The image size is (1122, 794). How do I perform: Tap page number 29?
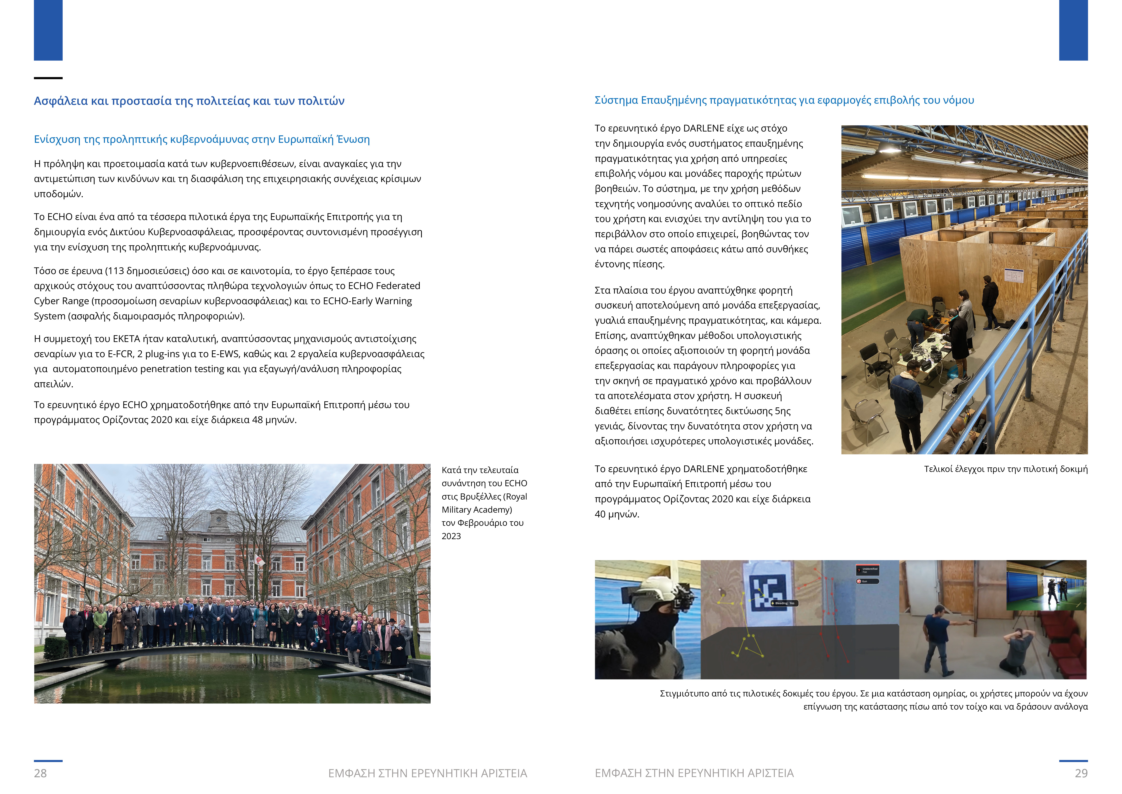1081,773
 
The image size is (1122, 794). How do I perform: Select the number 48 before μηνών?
257,420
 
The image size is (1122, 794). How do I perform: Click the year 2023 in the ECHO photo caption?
451,536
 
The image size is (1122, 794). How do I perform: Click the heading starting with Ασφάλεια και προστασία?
189,101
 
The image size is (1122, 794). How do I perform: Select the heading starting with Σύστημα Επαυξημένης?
784,100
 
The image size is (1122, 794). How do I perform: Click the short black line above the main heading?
48,78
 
